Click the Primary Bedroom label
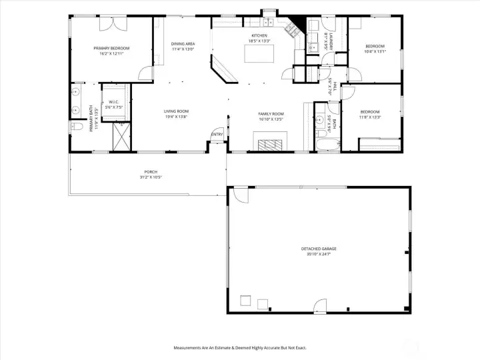[111, 48]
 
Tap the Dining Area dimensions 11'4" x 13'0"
[183, 49]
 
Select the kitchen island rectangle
[259, 53]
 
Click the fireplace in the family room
[271, 143]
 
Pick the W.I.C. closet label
[113, 102]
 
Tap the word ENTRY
[217, 135]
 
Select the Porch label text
[151, 171]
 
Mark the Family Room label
[271, 114]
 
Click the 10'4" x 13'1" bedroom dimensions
[375, 51]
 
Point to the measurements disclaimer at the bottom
[239, 347]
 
